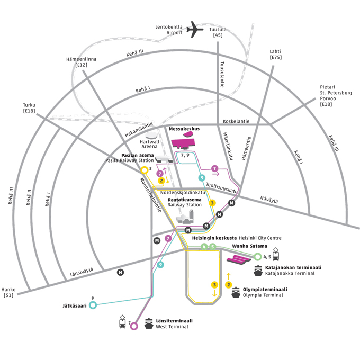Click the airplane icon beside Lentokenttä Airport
[195, 29]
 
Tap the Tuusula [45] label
[218, 32]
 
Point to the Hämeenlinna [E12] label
[81, 62]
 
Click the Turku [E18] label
[29, 108]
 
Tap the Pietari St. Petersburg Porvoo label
[336, 96]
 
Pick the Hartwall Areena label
[149, 144]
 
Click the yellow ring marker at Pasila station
[144, 170]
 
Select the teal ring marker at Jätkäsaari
[93, 305]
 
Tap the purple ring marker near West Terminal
[134, 326]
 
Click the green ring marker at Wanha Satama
[258, 257]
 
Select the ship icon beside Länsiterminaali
[149, 324]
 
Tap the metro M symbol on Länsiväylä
[121, 272]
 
